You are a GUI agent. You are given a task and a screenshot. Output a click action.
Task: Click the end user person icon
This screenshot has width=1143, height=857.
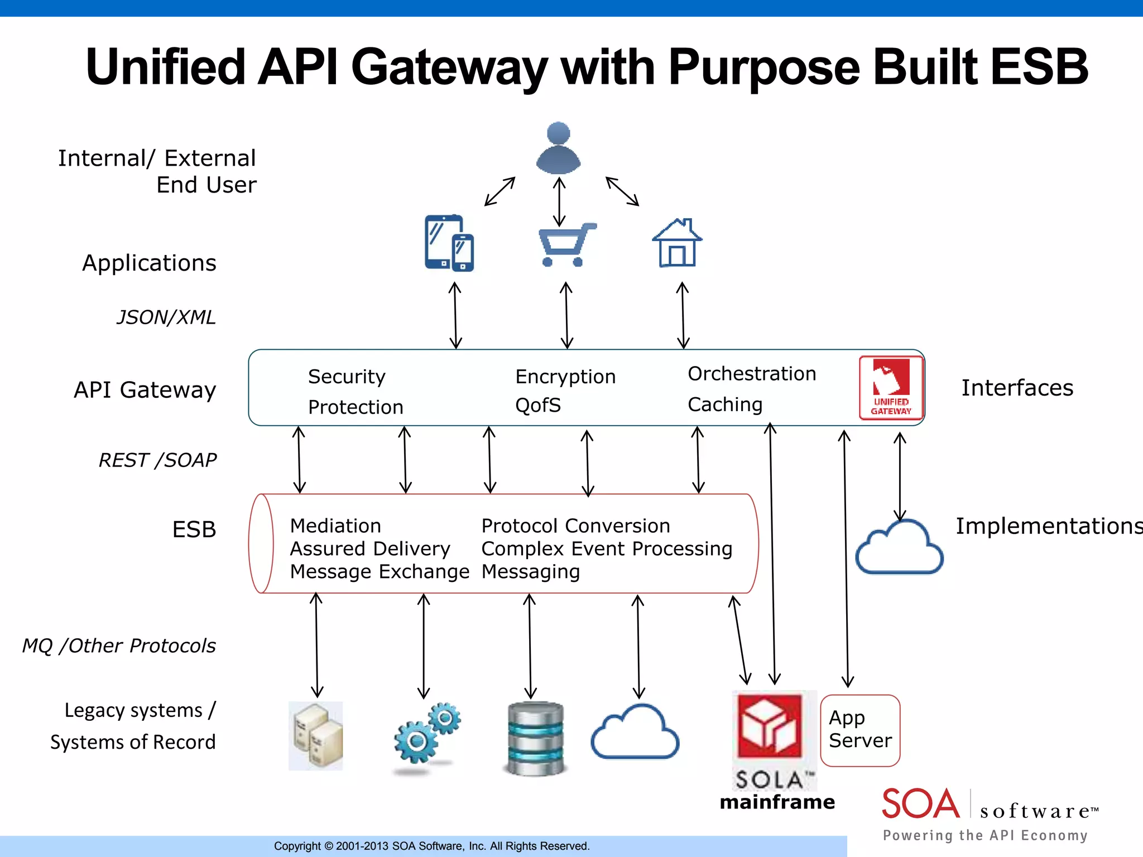click(x=558, y=148)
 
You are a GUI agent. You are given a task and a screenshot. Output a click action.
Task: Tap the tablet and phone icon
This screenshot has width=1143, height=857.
click(x=449, y=243)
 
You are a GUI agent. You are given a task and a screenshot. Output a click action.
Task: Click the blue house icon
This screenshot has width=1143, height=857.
click(x=677, y=243)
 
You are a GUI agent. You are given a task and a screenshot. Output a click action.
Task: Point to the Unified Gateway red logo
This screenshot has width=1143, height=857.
click(x=891, y=388)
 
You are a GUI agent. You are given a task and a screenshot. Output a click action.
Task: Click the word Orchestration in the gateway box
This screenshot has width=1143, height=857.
click(x=751, y=373)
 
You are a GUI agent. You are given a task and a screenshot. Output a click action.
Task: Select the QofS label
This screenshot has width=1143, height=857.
click(x=537, y=405)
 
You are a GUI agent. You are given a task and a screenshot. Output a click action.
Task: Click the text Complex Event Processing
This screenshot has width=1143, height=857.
click(x=606, y=548)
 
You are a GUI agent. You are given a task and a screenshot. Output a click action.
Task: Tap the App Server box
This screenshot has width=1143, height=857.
click(x=860, y=730)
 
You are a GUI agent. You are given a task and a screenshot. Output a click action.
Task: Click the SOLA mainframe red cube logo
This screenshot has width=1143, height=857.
click(x=770, y=725)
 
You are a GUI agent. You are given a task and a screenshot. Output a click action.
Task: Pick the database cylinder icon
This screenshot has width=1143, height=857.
click(x=536, y=738)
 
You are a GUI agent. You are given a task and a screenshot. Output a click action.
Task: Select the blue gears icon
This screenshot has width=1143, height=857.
click(x=428, y=733)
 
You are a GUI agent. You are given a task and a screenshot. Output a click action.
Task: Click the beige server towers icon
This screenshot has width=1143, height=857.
click(x=316, y=735)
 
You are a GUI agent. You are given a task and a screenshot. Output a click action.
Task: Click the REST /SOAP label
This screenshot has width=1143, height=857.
click(x=157, y=460)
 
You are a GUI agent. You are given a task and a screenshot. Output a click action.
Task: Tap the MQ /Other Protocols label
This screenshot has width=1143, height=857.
click(x=119, y=646)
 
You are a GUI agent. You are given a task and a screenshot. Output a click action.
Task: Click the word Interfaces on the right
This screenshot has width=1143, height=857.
click(x=1016, y=388)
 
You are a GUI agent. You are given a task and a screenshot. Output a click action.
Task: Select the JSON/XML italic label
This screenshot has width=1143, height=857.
click(x=166, y=317)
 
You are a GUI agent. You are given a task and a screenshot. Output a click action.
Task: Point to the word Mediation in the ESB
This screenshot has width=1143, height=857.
click(x=335, y=526)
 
